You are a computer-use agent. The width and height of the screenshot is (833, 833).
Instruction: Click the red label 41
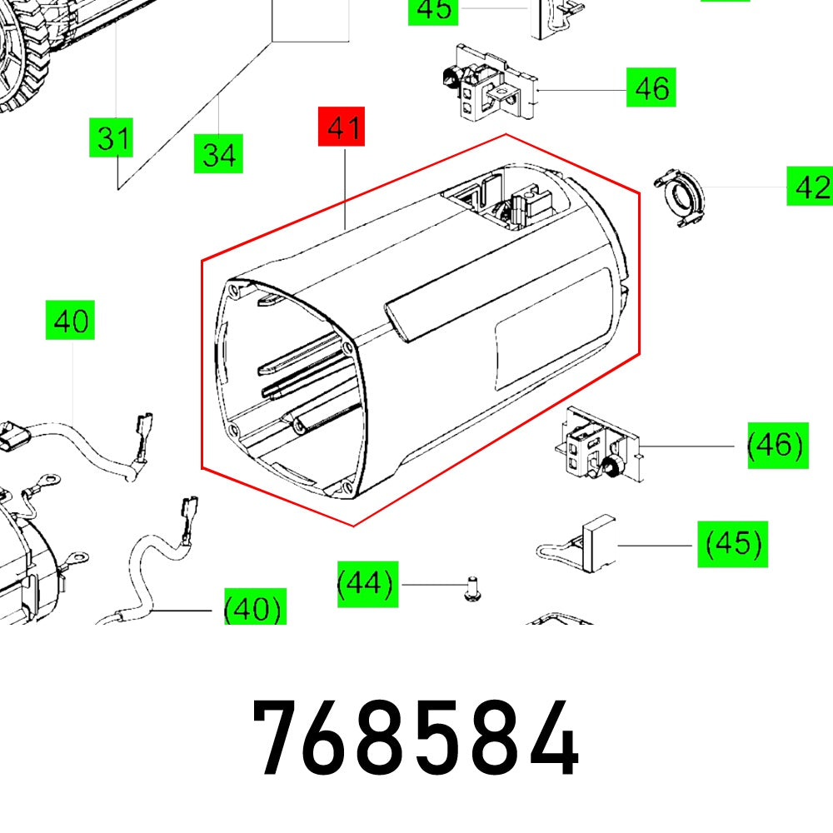[342, 129]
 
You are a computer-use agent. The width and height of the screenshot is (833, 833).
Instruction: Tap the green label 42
[809, 187]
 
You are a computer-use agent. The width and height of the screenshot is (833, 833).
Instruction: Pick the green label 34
[218, 154]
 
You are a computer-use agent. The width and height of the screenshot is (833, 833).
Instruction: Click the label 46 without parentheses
[651, 87]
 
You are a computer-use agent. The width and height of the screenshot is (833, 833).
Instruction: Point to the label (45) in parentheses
[732, 545]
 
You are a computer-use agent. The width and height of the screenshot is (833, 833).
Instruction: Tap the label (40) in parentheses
[254, 609]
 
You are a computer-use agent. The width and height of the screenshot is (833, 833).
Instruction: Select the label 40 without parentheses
[71, 321]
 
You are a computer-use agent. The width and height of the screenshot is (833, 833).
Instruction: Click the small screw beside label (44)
[471, 590]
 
